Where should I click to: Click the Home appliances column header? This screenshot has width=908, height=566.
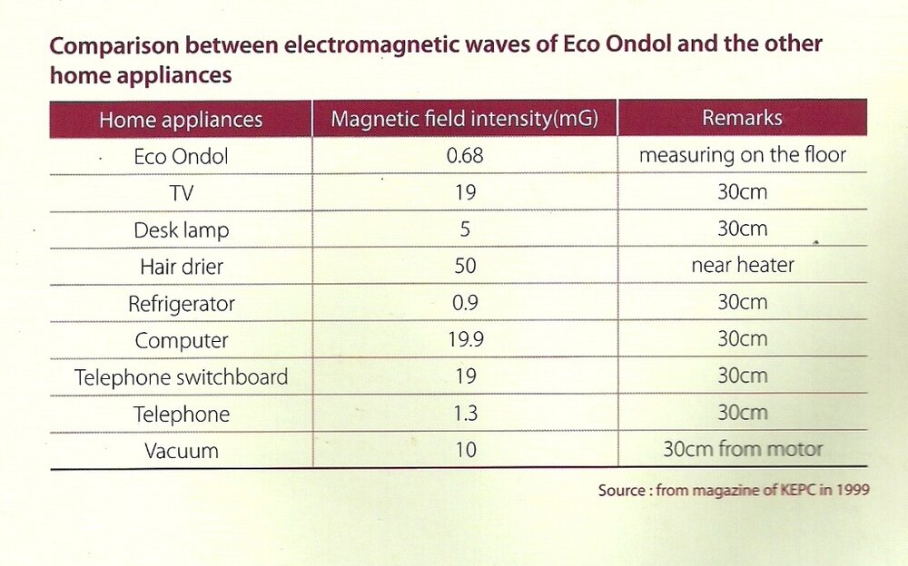click(181, 120)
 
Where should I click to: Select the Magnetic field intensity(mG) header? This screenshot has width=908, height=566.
click(464, 120)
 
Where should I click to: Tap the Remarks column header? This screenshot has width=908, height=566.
click(742, 119)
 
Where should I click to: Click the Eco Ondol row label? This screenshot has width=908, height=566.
click(181, 156)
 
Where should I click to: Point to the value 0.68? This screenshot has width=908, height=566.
click(465, 156)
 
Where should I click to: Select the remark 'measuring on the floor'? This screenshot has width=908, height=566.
click(742, 155)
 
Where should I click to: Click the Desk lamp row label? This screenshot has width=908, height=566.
click(181, 230)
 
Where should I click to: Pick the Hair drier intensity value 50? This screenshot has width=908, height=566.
click(465, 267)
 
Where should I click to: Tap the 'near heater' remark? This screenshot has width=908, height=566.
click(742, 266)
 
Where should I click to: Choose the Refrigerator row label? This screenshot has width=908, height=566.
click(181, 304)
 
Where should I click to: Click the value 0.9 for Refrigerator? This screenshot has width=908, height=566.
click(465, 304)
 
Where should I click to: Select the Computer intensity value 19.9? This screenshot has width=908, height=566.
click(465, 340)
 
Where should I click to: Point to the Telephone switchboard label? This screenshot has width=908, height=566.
click(181, 377)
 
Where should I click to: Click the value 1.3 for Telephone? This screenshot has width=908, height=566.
click(465, 414)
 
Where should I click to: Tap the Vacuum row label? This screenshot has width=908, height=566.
click(181, 450)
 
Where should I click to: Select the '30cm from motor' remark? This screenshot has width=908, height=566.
click(742, 449)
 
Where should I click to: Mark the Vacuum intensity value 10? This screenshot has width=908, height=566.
click(465, 450)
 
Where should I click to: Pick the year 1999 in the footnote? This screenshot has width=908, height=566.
click(854, 491)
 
